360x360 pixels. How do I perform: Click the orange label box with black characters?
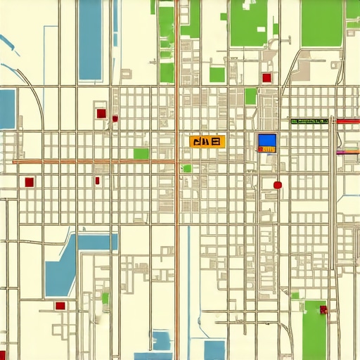coord(205,142)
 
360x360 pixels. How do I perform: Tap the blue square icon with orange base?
coord(267,143)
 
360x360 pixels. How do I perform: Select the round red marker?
coord(277,185)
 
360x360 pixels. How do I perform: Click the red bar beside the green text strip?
coord(347,122)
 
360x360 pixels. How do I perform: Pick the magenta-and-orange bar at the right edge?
coord(347,151)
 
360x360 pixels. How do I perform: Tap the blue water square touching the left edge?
coord(6,108)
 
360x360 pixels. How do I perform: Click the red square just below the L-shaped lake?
coord(60,306)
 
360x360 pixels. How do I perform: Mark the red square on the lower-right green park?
coord(323,309)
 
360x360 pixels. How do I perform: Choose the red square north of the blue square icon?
coord(266,78)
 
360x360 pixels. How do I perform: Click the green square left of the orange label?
coord(141,153)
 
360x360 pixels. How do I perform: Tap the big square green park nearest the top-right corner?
coord(321,23)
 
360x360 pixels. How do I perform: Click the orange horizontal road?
coord(91,162)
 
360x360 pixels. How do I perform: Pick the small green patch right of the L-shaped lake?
coord(105,298)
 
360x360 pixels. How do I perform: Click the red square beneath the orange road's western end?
coord(29,182)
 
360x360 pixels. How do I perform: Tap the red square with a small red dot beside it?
coord(101,112)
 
